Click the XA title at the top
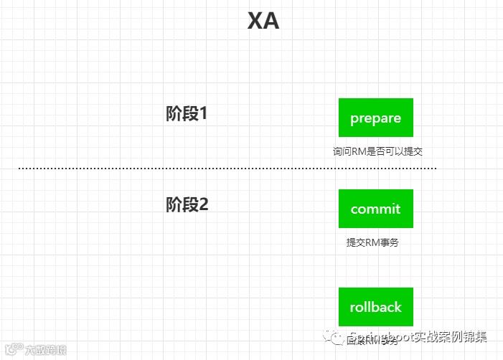coord(263,22)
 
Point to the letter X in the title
coord(255,22)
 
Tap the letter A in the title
coord(271,22)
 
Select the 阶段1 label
coord(186,113)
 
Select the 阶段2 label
coord(187,205)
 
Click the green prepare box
coord(375,118)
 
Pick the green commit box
coord(375,209)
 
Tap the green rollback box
coord(375,307)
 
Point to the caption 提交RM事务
coord(372,242)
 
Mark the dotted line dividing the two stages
coord(227,169)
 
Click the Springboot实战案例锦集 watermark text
coord(417,337)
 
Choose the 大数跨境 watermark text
coord(44,350)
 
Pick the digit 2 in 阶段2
coord(203,205)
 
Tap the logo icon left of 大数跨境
coord(11,350)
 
